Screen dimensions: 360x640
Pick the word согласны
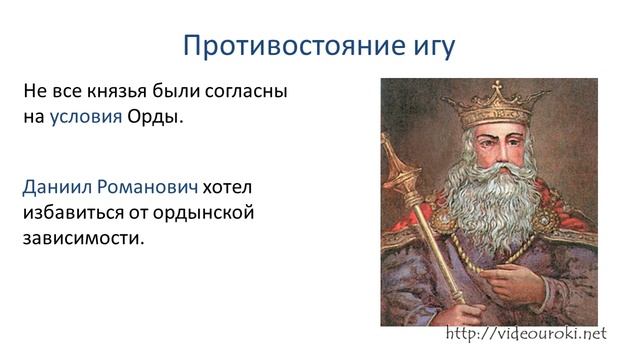point(245,92)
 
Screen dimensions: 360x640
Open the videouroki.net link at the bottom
point(526,333)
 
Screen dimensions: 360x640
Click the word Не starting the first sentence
point(33,92)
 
